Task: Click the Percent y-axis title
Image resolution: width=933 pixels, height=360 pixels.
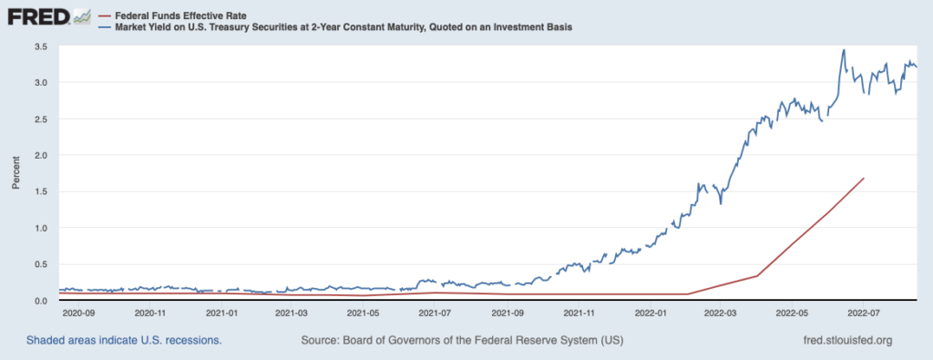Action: tap(16, 173)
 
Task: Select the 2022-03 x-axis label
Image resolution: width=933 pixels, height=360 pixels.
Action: tap(721, 312)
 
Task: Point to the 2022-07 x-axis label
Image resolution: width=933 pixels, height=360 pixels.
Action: tap(864, 312)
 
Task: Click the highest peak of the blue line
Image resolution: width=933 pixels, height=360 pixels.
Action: tap(844, 50)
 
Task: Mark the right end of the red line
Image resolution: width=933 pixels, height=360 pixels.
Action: tap(864, 178)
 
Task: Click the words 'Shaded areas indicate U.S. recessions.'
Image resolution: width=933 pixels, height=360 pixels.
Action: tap(124, 341)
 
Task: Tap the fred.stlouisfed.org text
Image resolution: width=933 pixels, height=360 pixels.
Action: tap(848, 341)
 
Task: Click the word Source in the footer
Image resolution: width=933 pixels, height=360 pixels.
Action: tap(319, 341)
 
